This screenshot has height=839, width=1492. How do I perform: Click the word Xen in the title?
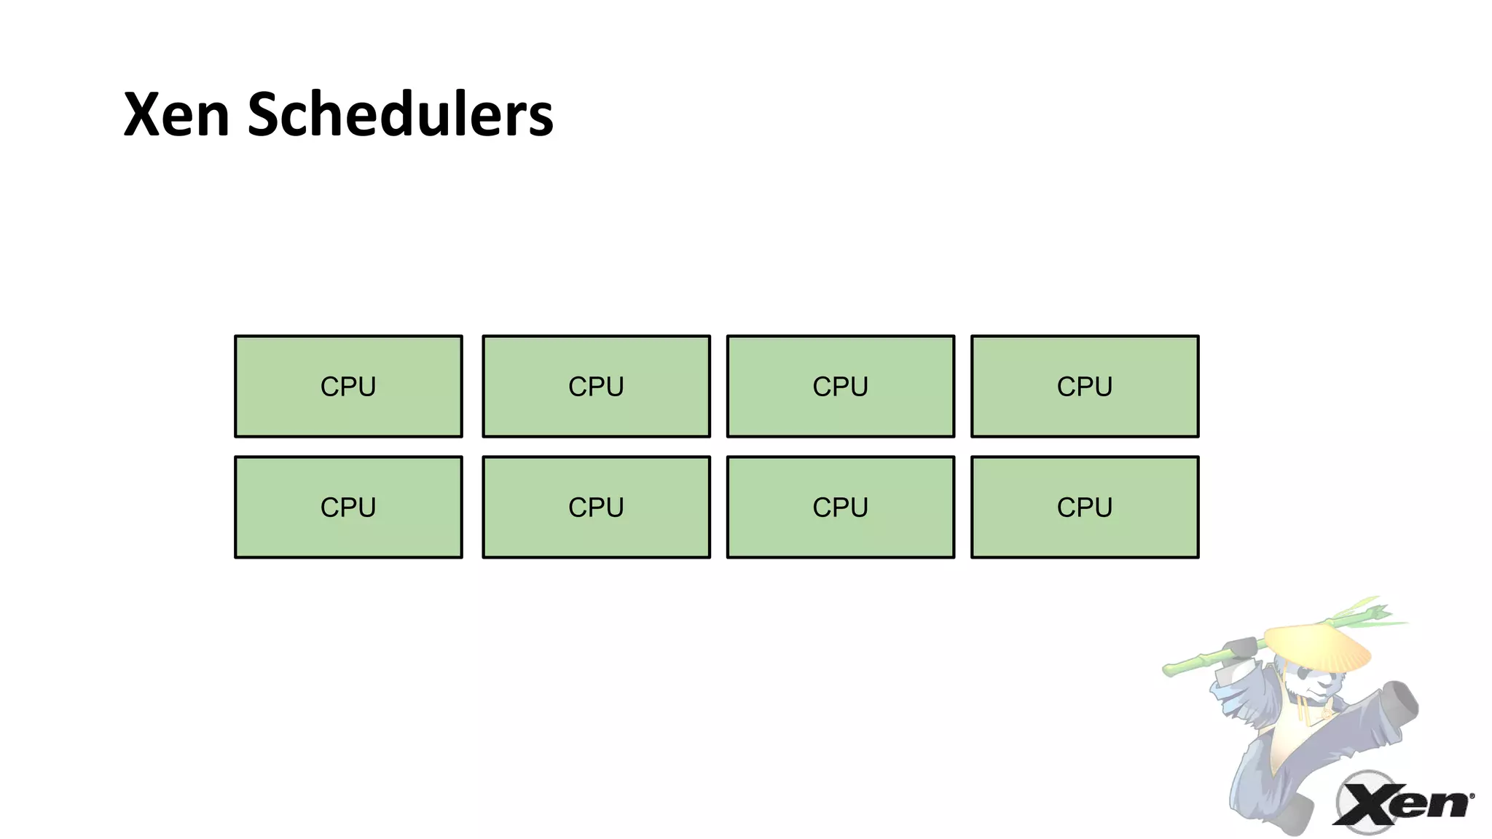[x=176, y=114]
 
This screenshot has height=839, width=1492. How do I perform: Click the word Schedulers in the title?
[x=400, y=114]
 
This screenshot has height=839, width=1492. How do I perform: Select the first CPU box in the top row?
[x=348, y=386]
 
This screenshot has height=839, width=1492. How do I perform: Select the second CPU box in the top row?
[x=596, y=386]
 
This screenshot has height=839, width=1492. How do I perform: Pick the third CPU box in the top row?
[x=840, y=386]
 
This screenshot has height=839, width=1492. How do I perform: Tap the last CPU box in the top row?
[x=1084, y=386]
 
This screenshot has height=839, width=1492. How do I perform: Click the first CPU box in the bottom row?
[x=348, y=507]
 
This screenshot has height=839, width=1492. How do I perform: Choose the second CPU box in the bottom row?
[x=596, y=507]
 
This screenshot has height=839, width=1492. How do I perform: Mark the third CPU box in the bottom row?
[x=840, y=507]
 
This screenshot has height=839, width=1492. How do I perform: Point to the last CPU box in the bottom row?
[x=1084, y=507]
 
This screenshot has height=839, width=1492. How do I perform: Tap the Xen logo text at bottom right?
[x=1402, y=805]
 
